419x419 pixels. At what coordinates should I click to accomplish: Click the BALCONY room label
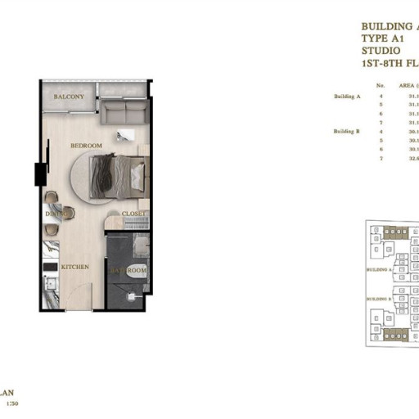69,97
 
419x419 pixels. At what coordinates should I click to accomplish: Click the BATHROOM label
128,270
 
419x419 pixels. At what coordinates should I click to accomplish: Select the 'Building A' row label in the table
347,97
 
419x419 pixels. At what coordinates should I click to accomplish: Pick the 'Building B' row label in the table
347,131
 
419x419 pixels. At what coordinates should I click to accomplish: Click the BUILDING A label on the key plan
379,268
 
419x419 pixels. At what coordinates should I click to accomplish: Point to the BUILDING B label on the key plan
379,300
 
